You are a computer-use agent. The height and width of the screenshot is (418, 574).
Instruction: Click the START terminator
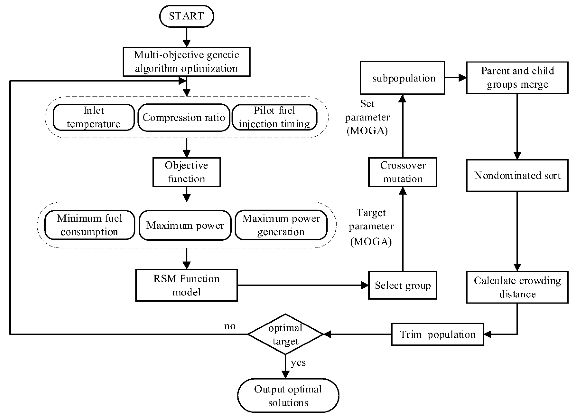click(x=186, y=16)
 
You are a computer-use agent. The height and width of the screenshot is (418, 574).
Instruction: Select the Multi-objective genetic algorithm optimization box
click(x=186, y=62)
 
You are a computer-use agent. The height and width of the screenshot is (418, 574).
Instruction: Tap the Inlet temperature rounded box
click(x=94, y=117)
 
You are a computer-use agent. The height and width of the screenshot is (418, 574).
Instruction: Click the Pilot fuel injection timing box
click(x=274, y=117)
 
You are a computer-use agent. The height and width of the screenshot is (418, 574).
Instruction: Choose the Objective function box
click(x=186, y=172)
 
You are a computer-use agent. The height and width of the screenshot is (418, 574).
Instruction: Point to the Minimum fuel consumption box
click(x=90, y=225)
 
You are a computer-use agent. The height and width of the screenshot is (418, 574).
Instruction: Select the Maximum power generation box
click(x=281, y=225)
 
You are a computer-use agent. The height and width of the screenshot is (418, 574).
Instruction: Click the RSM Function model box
click(x=186, y=285)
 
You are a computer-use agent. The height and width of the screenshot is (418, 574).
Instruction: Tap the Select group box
click(x=402, y=285)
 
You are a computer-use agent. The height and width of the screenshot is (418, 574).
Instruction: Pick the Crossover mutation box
click(x=402, y=172)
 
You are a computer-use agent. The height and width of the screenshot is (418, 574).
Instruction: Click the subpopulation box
click(x=402, y=78)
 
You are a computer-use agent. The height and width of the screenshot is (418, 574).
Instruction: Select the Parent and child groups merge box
click(x=517, y=78)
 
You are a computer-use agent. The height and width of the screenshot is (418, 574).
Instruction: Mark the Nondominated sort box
click(x=517, y=175)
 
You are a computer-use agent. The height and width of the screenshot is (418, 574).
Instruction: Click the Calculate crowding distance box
click(x=517, y=287)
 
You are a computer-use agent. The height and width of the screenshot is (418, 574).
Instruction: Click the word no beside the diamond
click(x=230, y=326)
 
